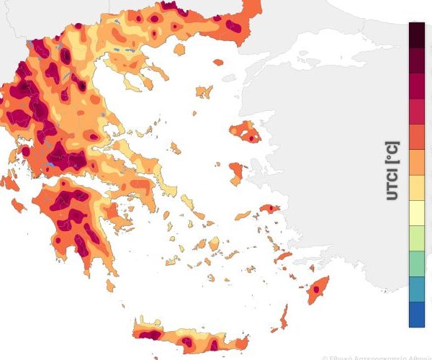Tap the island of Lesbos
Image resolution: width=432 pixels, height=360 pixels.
click(x=245, y=132)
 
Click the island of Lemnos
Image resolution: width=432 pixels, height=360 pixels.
click(x=204, y=92)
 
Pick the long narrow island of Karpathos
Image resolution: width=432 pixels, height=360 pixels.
click(x=284, y=315)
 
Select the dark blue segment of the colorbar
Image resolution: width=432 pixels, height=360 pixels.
click(x=417, y=315)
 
